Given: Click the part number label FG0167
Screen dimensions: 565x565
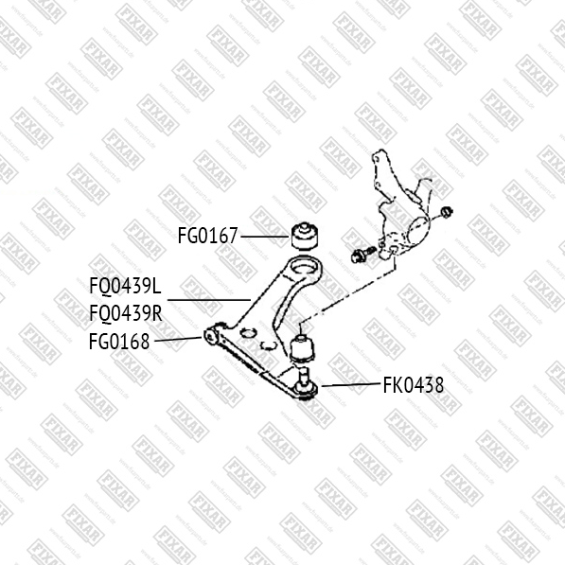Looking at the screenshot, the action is click(207, 236).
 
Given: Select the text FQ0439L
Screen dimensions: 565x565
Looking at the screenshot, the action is click(125, 287).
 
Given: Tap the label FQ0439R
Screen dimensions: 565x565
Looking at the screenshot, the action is click(126, 312).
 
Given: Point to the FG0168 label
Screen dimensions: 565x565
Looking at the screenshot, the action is click(119, 342).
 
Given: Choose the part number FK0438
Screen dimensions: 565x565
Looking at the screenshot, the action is click(414, 385).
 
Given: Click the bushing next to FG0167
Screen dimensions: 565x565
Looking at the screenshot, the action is click(305, 236).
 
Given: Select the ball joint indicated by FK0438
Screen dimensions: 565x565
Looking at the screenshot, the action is click(305, 386).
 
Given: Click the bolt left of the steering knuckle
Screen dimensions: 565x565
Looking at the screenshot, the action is click(362, 254).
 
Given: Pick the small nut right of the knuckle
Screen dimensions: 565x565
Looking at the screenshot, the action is click(447, 212).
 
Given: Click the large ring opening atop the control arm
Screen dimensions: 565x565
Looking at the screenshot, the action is click(304, 268).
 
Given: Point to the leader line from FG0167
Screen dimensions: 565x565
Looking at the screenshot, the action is click(265, 237).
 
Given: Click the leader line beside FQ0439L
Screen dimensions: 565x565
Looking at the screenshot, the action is click(209, 299).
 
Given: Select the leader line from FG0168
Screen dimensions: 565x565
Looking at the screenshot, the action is click(178, 339).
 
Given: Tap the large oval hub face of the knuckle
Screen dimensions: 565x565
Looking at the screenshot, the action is click(417, 231).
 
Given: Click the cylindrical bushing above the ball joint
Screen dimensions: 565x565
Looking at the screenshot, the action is click(302, 349).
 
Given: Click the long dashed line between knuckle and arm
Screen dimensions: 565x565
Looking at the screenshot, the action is click(347, 291).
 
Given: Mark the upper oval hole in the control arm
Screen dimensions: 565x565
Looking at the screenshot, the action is click(247, 333).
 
